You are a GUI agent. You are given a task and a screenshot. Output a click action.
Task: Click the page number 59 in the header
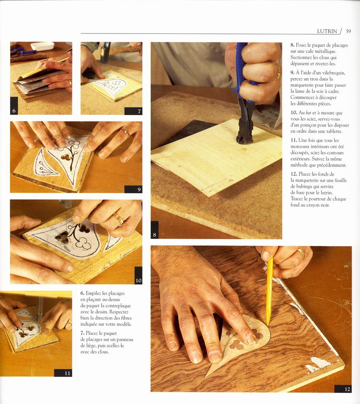tap(348, 31)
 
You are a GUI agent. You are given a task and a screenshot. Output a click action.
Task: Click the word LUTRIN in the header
tap(327, 31)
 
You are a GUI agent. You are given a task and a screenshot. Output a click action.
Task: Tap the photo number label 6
tap(14, 111)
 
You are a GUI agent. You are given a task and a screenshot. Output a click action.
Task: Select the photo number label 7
tap(139, 111)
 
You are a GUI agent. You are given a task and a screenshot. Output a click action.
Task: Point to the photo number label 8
tap(154, 234)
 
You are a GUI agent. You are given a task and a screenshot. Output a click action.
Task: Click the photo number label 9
tap(139, 189)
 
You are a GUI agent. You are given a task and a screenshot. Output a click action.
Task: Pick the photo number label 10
tap(138, 280)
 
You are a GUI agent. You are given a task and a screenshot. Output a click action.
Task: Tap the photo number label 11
tap(67, 373)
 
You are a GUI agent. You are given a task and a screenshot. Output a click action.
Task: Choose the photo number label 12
tap(348, 389)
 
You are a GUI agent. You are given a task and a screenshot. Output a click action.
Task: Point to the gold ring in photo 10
tap(119, 218)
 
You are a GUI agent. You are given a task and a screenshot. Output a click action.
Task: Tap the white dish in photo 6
tap(42, 46)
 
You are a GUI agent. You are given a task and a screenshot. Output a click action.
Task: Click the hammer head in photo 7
tap(105, 53)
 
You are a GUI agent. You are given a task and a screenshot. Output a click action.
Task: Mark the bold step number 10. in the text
tap(294, 113)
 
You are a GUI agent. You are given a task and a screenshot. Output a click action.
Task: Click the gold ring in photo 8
tap(277, 71)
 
